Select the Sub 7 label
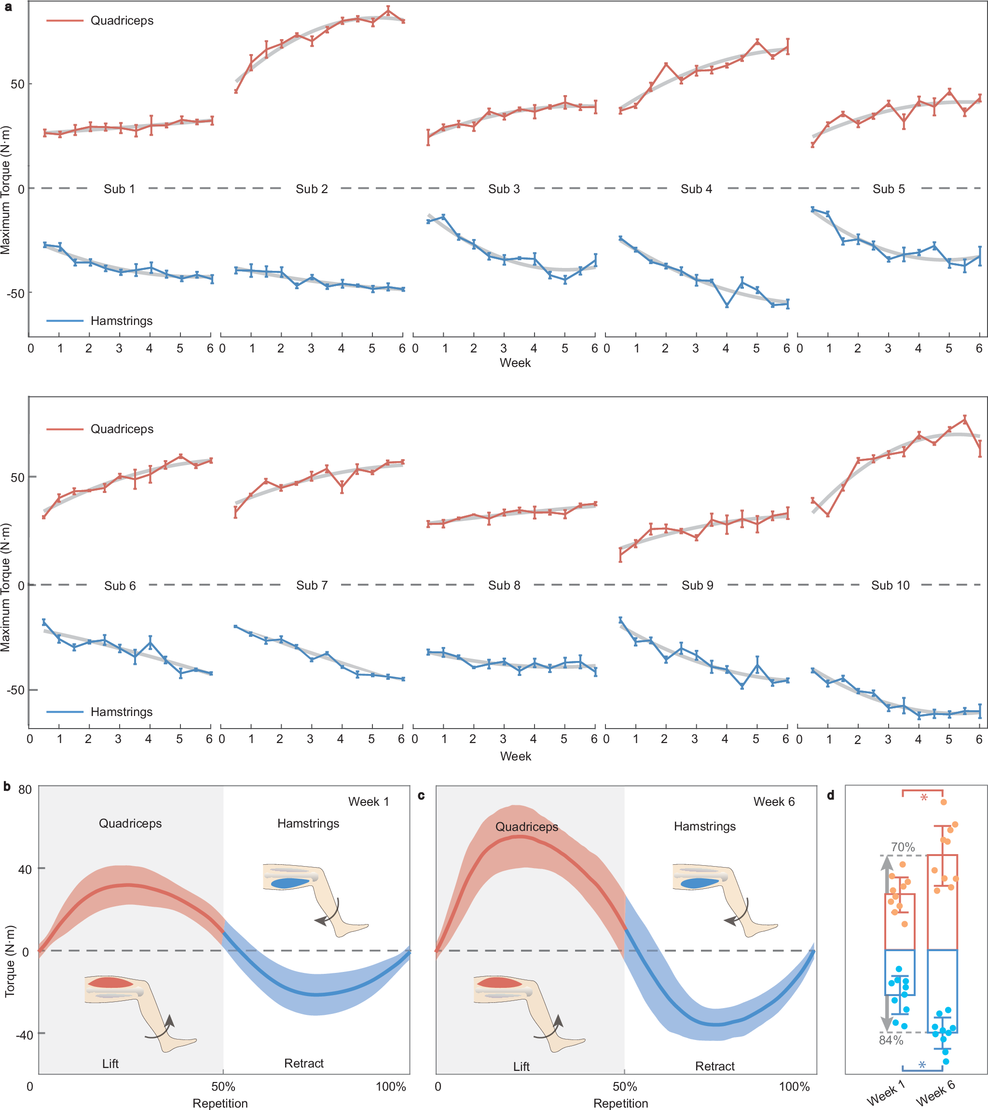(x=312, y=585)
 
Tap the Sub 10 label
(x=890, y=585)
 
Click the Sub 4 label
(x=696, y=189)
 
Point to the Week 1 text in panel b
(x=368, y=801)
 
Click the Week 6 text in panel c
(x=774, y=801)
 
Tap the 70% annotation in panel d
(x=902, y=846)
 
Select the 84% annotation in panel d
(x=891, y=1040)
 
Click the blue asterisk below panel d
(x=922, y=1066)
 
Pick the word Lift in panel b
(x=110, y=1063)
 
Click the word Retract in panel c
(x=714, y=1066)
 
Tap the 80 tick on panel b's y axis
(x=25, y=789)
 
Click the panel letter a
(x=8, y=7)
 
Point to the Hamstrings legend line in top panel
(x=65, y=321)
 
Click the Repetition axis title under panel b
(x=220, y=1103)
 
